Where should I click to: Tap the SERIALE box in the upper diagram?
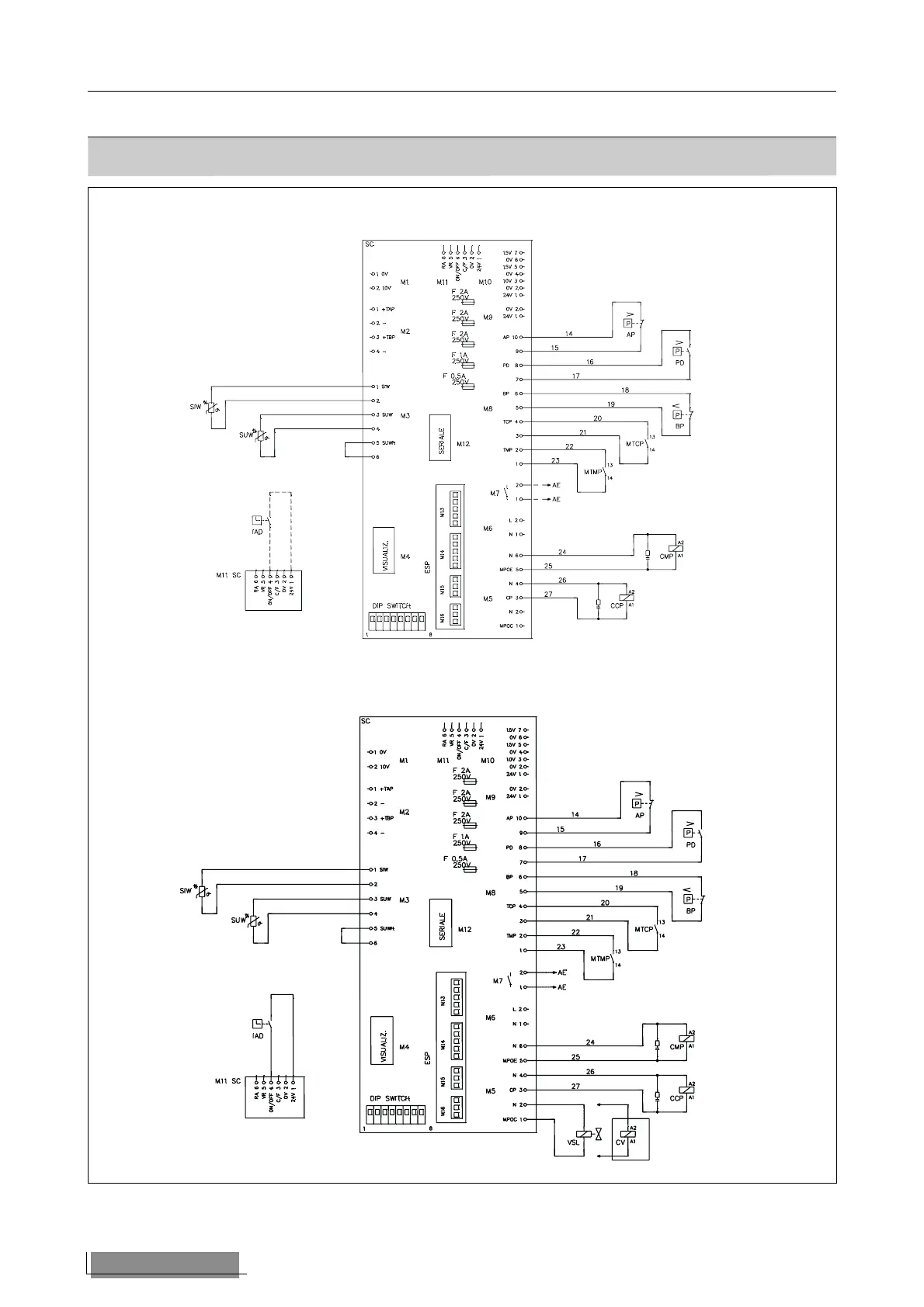441,438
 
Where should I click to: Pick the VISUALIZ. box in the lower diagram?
383,1040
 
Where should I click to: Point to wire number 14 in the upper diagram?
569,334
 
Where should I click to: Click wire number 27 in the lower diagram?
575,1087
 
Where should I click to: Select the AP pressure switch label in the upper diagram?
630,335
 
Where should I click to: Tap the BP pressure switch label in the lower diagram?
690,911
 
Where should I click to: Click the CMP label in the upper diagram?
666,556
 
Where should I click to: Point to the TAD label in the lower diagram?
258,1036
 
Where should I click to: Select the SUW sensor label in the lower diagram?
238,921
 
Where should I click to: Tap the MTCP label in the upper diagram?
634,444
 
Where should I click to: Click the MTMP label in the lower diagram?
599,959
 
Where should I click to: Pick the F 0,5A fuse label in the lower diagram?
455,859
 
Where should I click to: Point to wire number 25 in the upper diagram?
548,567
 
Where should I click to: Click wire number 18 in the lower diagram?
634,873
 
